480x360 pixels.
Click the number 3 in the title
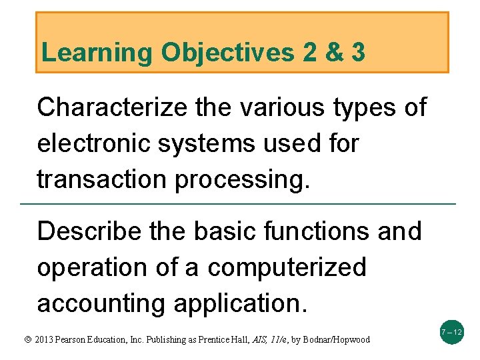point(357,53)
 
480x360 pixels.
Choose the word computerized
point(287,267)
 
